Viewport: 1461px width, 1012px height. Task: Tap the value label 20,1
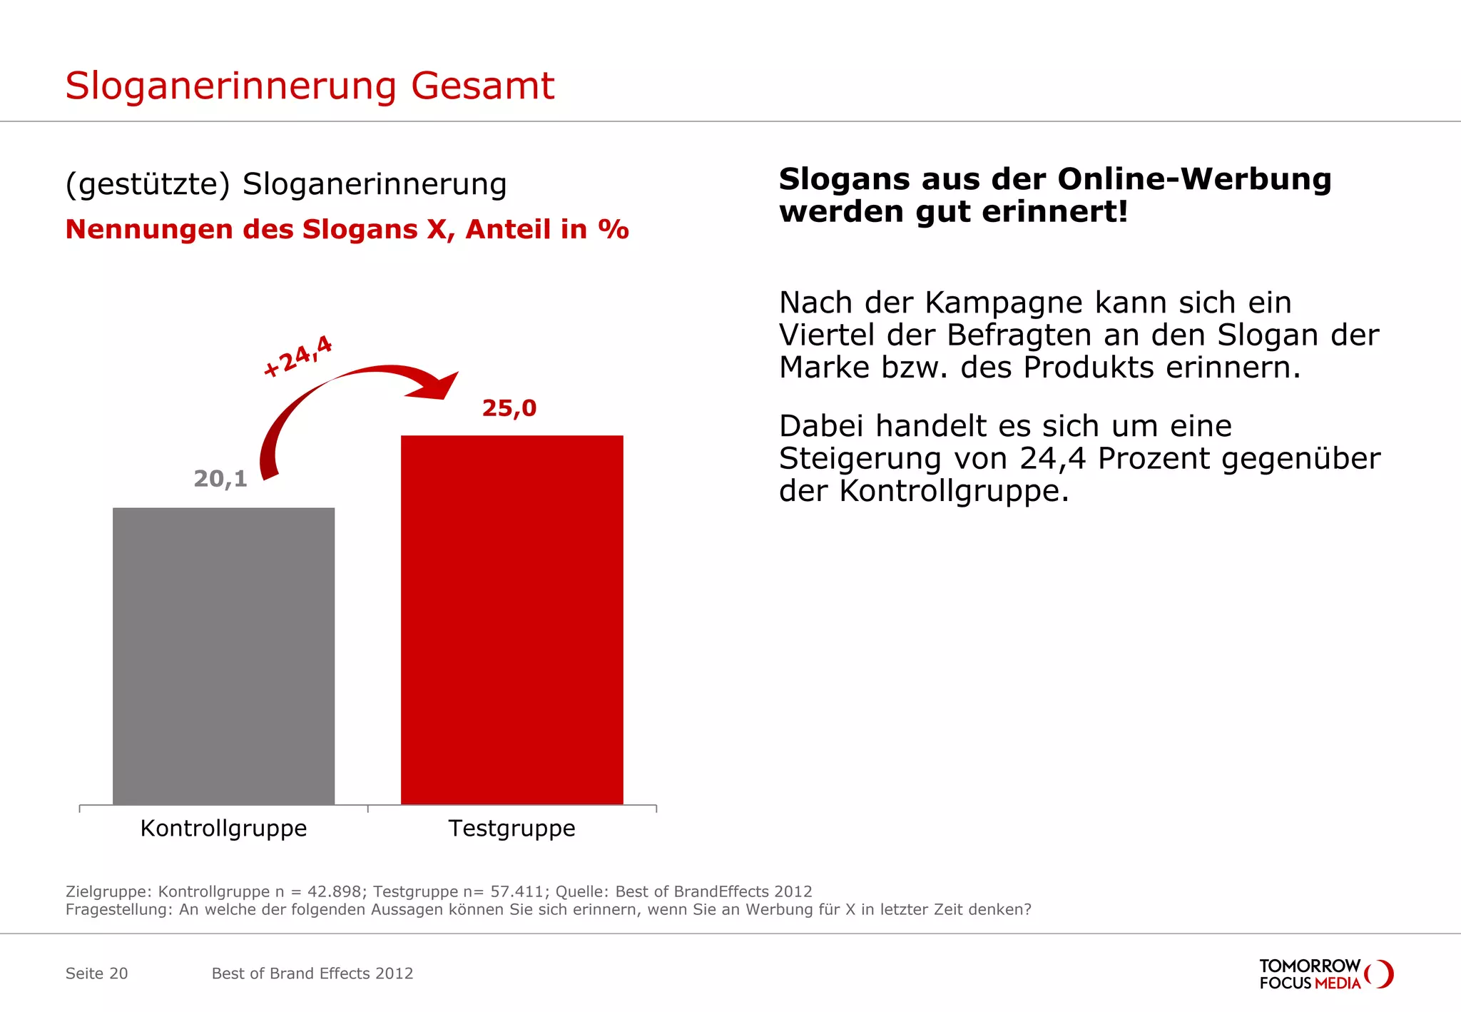(220, 479)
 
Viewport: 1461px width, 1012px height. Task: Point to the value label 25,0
(509, 408)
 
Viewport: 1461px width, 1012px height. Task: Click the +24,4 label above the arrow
(297, 355)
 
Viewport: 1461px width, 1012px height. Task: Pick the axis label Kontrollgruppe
(223, 828)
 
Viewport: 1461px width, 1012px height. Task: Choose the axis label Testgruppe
(511, 828)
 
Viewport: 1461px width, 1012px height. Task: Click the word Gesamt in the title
(482, 86)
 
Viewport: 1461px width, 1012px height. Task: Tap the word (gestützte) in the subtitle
(148, 184)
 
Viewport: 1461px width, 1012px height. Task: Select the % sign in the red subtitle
(614, 230)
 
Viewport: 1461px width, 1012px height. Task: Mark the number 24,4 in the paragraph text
(1053, 459)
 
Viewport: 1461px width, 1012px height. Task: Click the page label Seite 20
(96, 973)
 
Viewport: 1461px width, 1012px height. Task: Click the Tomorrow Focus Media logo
(1325, 974)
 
